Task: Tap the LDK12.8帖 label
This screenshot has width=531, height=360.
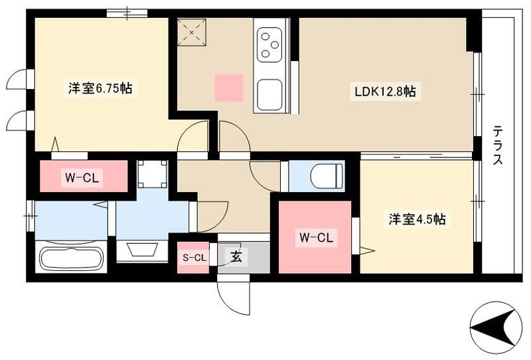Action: tap(384, 92)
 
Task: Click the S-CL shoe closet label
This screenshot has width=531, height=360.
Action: tap(193, 256)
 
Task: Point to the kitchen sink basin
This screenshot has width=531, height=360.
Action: tap(269, 94)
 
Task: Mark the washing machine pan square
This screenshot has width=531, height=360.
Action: tap(151, 174)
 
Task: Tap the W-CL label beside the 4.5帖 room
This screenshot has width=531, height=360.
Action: tap(314, 237)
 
